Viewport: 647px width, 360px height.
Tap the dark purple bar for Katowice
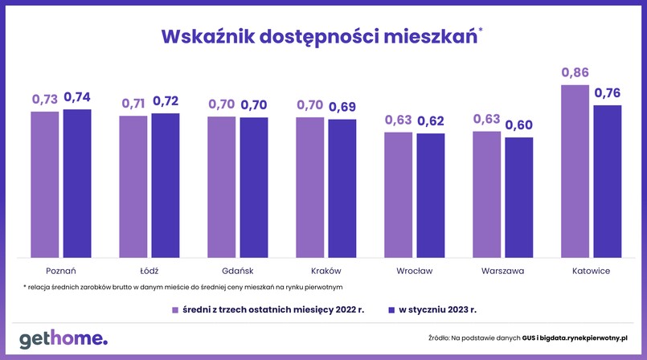click(x=608, y=181)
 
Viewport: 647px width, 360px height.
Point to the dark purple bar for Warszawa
click(x=519, y=197)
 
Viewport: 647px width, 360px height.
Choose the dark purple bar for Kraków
click(x=342, y=188)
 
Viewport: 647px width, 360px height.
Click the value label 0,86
click(x=575, y=73)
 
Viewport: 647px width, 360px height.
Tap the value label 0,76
click(x=608, y=93)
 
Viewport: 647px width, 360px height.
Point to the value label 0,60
click(x=519, y=125)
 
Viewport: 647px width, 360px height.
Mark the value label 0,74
click(x=77, y=97)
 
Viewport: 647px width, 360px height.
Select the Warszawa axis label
click(x=503, y=271)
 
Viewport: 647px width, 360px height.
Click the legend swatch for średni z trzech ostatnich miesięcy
click(x=174, y=309)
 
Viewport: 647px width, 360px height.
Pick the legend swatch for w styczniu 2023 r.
click(x=392, y=309)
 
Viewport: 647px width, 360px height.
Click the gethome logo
click(x=63, y=337)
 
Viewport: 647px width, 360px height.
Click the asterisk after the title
click(x=481, y=31)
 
